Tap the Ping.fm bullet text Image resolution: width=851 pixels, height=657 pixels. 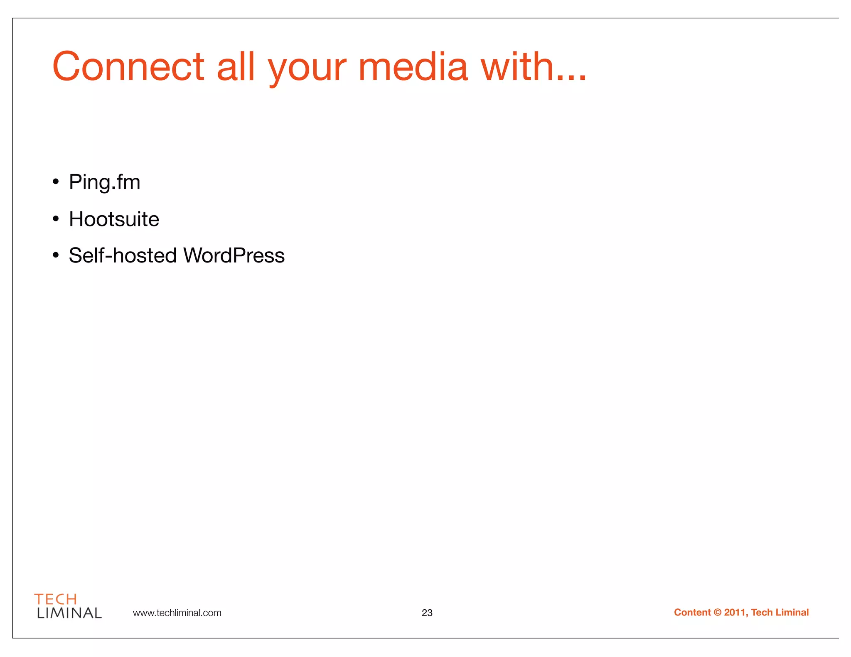[104, 182]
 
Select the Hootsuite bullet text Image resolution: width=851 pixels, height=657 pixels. [114, 219]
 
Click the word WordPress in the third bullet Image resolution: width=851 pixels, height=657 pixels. [234, 255]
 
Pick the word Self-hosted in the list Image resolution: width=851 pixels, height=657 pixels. [123, 255]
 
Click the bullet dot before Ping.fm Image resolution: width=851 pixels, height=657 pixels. [56, 182]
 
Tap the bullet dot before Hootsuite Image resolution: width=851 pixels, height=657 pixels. [56, 219]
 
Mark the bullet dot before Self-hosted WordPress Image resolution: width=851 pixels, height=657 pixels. [56, 255]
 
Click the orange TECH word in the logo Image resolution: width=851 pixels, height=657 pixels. [56, 599]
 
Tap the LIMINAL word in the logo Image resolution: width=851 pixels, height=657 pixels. [69, 613]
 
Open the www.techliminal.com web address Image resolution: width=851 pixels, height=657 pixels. [177, 613]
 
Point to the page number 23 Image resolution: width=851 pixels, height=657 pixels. [427, 613]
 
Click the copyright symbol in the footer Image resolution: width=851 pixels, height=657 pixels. [718, 613]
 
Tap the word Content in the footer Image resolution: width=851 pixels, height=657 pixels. [692, 613]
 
